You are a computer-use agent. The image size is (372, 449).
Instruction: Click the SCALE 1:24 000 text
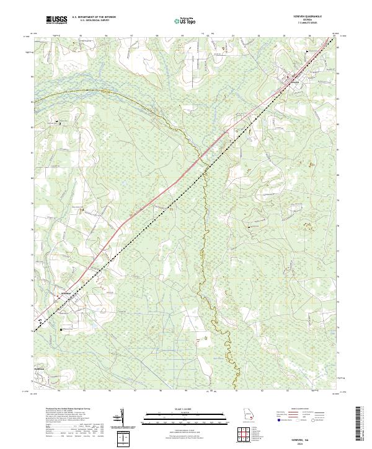click(x=185, y=409)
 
